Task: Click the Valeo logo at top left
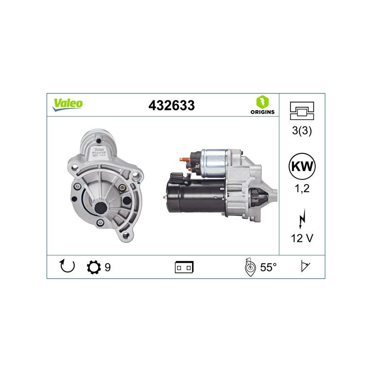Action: [67, 104]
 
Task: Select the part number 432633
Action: [171, 106]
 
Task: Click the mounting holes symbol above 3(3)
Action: [302, 111]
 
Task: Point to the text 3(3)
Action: [302, 131]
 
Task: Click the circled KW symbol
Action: [302, 166]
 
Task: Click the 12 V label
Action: [302, 239]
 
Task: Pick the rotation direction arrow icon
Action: [67, 267]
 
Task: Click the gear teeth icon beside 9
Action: [93, 267]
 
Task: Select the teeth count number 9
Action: [107, 267]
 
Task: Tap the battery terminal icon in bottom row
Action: [184, 267]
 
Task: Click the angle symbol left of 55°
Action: [250, 267]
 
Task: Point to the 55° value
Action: [268, 267]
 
